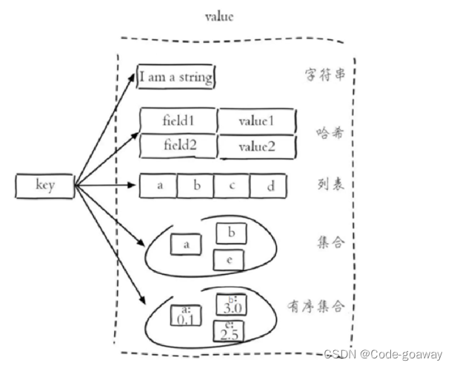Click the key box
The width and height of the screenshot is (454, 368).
click(45, 186)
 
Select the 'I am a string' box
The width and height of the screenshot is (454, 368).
click(177, 77)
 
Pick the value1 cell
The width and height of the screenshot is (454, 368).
click(256, 120)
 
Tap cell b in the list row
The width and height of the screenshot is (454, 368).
click(196, 186)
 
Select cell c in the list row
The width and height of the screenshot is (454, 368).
click(231, 186)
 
